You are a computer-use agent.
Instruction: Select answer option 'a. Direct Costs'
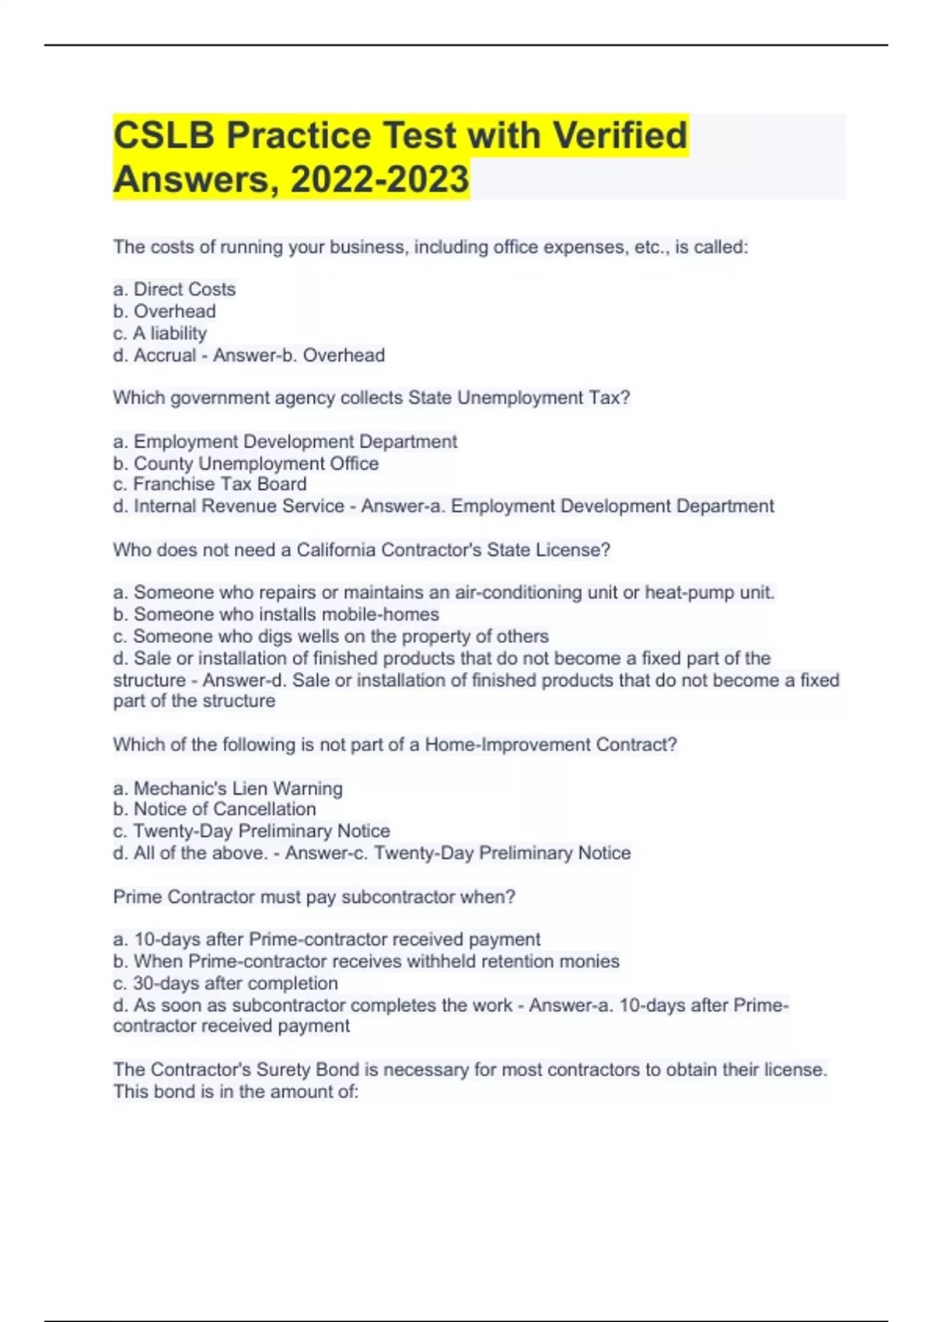174,289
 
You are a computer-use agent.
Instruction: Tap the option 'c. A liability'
160,334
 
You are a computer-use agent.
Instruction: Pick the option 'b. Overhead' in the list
164,311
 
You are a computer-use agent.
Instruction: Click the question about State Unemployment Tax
371,398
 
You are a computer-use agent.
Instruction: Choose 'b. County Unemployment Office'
246,463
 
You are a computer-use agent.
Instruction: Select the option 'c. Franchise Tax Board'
210,484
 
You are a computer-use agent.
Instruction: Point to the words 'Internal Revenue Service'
239,506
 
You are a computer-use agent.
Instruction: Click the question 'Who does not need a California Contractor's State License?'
362,551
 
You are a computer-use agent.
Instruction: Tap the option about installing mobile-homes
276,614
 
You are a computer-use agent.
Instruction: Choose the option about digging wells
330,636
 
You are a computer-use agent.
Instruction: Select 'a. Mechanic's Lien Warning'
228,789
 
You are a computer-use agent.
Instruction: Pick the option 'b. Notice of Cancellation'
215,810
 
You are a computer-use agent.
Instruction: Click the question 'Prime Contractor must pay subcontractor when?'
314,897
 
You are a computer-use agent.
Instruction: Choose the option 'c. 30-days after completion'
225,984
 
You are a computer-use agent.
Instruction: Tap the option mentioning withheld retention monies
366,962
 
